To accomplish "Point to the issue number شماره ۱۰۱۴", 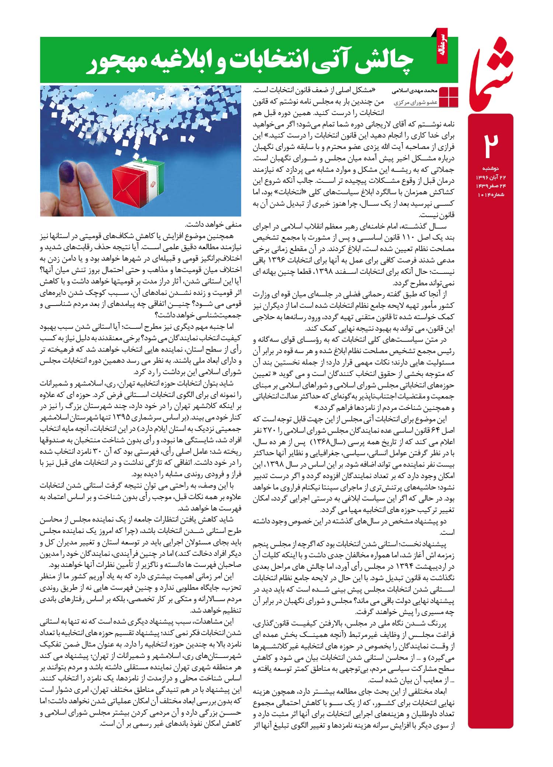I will [x=491, y=194].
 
